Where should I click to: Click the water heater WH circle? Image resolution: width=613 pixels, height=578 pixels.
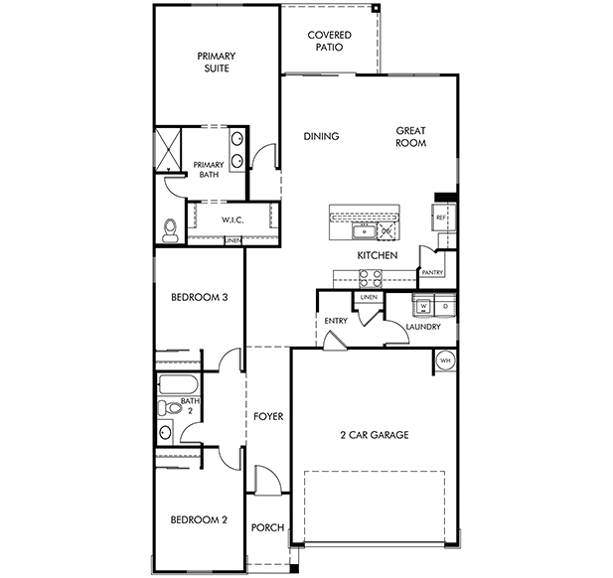(x=445, y=361)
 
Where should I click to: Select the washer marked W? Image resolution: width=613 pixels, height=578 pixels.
(x=424, y=306)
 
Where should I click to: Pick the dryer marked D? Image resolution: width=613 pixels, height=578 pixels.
(x=445, y=306)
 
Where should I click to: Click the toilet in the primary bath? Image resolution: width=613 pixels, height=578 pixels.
(x=169, y=230)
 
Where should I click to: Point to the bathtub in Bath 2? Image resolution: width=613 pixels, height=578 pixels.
(x=178, y=384)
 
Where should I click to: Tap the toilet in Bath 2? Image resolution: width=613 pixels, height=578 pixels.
(x=170, y=408)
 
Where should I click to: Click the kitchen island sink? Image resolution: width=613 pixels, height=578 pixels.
(x=365, y=231)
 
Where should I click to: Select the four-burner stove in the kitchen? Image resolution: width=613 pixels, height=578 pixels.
(x=371, y=279)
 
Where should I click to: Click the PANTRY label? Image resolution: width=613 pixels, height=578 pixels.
(x=432, y=272)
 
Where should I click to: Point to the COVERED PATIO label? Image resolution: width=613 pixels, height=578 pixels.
(x=330, y=41)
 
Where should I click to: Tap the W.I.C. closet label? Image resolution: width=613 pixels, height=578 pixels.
(x=232, y=219)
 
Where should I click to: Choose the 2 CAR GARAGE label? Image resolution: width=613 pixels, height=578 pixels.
(x=375, y=435)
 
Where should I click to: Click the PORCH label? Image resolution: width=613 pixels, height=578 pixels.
(x=268, y=527)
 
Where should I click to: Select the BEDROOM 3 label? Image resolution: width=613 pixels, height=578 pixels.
(x=200, y=297)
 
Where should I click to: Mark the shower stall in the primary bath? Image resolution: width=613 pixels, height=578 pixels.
(x=169, y=149)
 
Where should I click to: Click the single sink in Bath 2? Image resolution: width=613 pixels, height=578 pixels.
(x=165, y=432)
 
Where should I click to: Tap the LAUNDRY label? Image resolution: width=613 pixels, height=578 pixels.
(x=423, y=327)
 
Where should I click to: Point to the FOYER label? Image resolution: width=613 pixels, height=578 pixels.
(x=268, y=416)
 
